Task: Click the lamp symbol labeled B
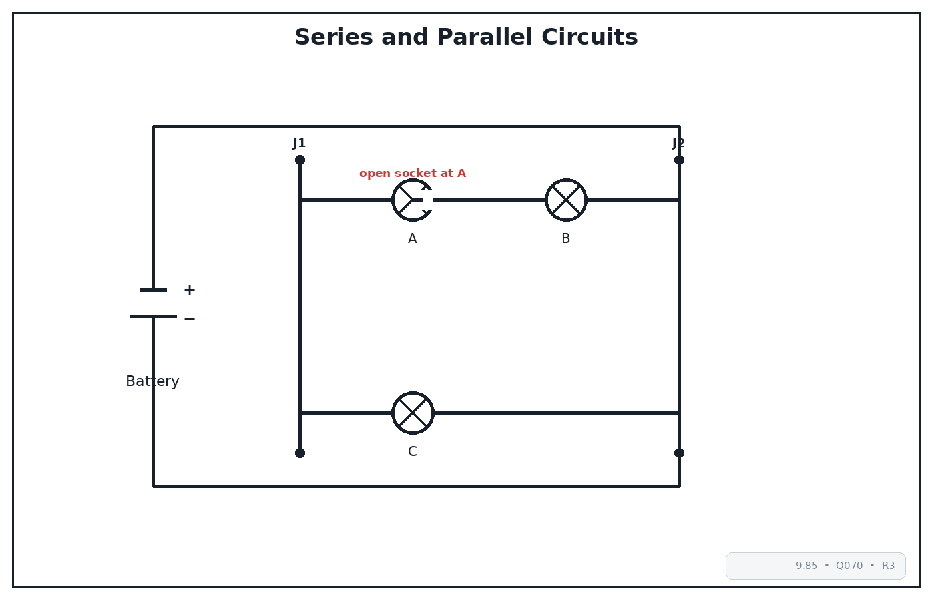tap(566, 200)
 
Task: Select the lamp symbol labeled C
tap(413, 413)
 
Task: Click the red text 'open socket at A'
tap(412, 173)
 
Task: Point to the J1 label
tap(299, 144)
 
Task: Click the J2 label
tap(678, 144)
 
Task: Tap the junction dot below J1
tap(300, 160)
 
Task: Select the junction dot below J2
tap(679, 160)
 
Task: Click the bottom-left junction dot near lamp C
tap(300, 453)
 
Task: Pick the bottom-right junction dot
tap(679, 453)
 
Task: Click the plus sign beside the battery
tap(189, 290)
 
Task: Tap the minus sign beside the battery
tap(189, 319)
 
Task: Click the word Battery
tap(152, 381)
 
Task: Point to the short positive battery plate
tap(153, 290)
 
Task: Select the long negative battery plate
tap(153, 317)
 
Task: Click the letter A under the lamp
tap(412, 238)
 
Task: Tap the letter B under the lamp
tap(565, 238)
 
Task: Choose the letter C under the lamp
tap(412, 451)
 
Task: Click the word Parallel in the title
tap(485, 37)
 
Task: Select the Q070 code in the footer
tap(849, 566)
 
